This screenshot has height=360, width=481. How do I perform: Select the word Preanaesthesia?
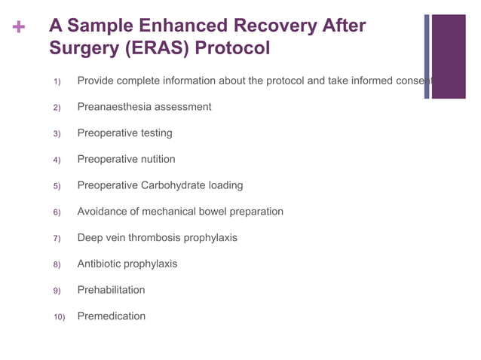115,107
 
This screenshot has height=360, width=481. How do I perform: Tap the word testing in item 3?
156,133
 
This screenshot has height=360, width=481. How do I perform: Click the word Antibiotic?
101,264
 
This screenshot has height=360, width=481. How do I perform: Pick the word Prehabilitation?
111,290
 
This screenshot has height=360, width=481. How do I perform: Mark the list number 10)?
59,317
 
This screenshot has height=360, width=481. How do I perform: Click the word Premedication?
111,316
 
